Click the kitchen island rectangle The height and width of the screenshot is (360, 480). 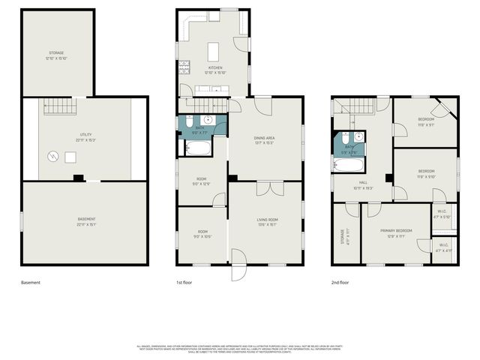(212, 50)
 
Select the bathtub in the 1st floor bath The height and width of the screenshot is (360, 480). (196, 148)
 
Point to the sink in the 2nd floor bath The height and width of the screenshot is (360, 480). (358, 138)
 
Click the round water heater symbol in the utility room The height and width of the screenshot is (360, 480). (52, 157)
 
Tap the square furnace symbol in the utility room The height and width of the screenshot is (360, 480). (70, 156)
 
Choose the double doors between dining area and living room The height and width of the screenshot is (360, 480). (265, 188)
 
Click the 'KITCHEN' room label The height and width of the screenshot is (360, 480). (205, 67)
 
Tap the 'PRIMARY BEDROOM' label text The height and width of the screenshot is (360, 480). (397, 231)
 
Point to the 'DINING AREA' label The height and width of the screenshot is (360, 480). (265, 137)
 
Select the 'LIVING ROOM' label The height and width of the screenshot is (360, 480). (267, 219)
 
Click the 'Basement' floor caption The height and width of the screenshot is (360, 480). (31, 283)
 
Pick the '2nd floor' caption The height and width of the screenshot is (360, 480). (340, 283)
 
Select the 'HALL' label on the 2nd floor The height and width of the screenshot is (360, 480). (362, 181)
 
